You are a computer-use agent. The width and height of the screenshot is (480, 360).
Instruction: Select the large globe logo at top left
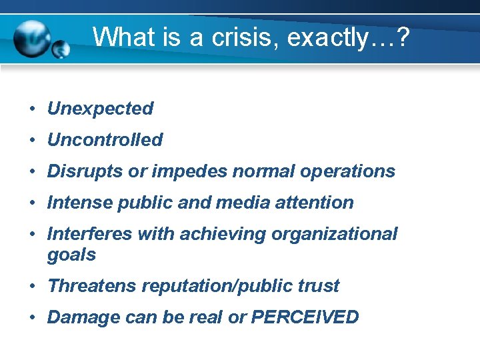click(33, 39)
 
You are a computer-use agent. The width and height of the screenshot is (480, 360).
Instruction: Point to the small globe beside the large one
click(61, 49)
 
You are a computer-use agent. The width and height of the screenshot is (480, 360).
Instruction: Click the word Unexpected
click(100, 109)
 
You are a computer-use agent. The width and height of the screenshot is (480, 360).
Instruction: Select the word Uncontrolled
click(105, 140)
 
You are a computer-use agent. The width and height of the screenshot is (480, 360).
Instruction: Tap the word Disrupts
click(85, 171)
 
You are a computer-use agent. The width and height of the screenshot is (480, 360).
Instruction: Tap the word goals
click(71, 255)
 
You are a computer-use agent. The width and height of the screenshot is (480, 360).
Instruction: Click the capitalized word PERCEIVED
click(305, 317)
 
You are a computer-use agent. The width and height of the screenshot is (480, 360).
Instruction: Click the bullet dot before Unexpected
click(32, 109)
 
